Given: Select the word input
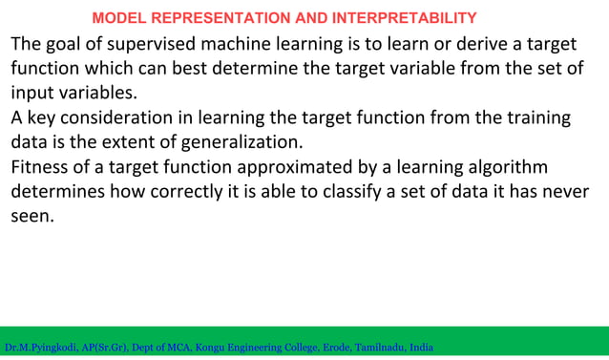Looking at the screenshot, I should (31, 94).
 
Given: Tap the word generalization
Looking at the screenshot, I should (244, 143).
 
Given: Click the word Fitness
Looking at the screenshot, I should (41, 168).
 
